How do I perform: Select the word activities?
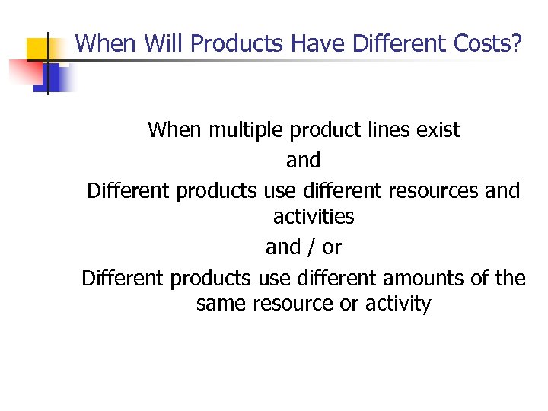tap(314, 217)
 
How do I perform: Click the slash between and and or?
tap(312, 247)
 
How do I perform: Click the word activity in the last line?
tap(398, 304)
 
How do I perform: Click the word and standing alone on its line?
tap(303, 161)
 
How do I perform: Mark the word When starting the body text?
tap(174, 130)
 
